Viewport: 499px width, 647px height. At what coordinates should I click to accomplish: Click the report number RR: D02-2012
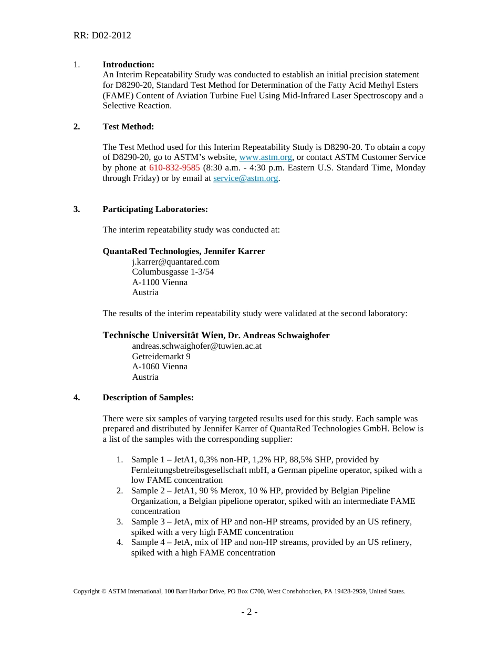tap(102, 36)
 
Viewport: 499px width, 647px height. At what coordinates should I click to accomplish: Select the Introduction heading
tap(128, 65)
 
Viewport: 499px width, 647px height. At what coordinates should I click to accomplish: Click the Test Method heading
tap(128, 127)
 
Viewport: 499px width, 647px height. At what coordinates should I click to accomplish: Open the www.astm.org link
tap(265, 158)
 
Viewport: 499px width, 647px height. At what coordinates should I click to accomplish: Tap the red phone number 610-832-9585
tap(174, 168)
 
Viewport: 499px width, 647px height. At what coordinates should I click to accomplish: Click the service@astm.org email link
tap(245, 178)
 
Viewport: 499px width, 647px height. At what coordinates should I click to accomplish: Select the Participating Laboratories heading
tap(155, 209)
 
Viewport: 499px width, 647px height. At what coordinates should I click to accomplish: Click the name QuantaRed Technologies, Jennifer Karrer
tap(183, 251)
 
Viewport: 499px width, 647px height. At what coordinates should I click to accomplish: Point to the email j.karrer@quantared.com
tap(175, 262)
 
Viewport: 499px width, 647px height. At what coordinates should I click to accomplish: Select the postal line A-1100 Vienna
tap(160, 282)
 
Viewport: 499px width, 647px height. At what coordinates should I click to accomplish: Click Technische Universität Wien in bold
tap(163, 335)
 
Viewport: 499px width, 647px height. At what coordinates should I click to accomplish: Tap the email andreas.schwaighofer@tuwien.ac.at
tap(196, 346)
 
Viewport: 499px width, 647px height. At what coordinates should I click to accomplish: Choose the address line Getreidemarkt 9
tap(161, 357)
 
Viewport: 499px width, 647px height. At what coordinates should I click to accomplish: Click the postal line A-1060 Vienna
tap(160, 367)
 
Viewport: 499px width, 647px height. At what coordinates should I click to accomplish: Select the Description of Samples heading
tap(148, 398)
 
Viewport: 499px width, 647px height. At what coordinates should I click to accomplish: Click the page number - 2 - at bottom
tap(249, 612)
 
